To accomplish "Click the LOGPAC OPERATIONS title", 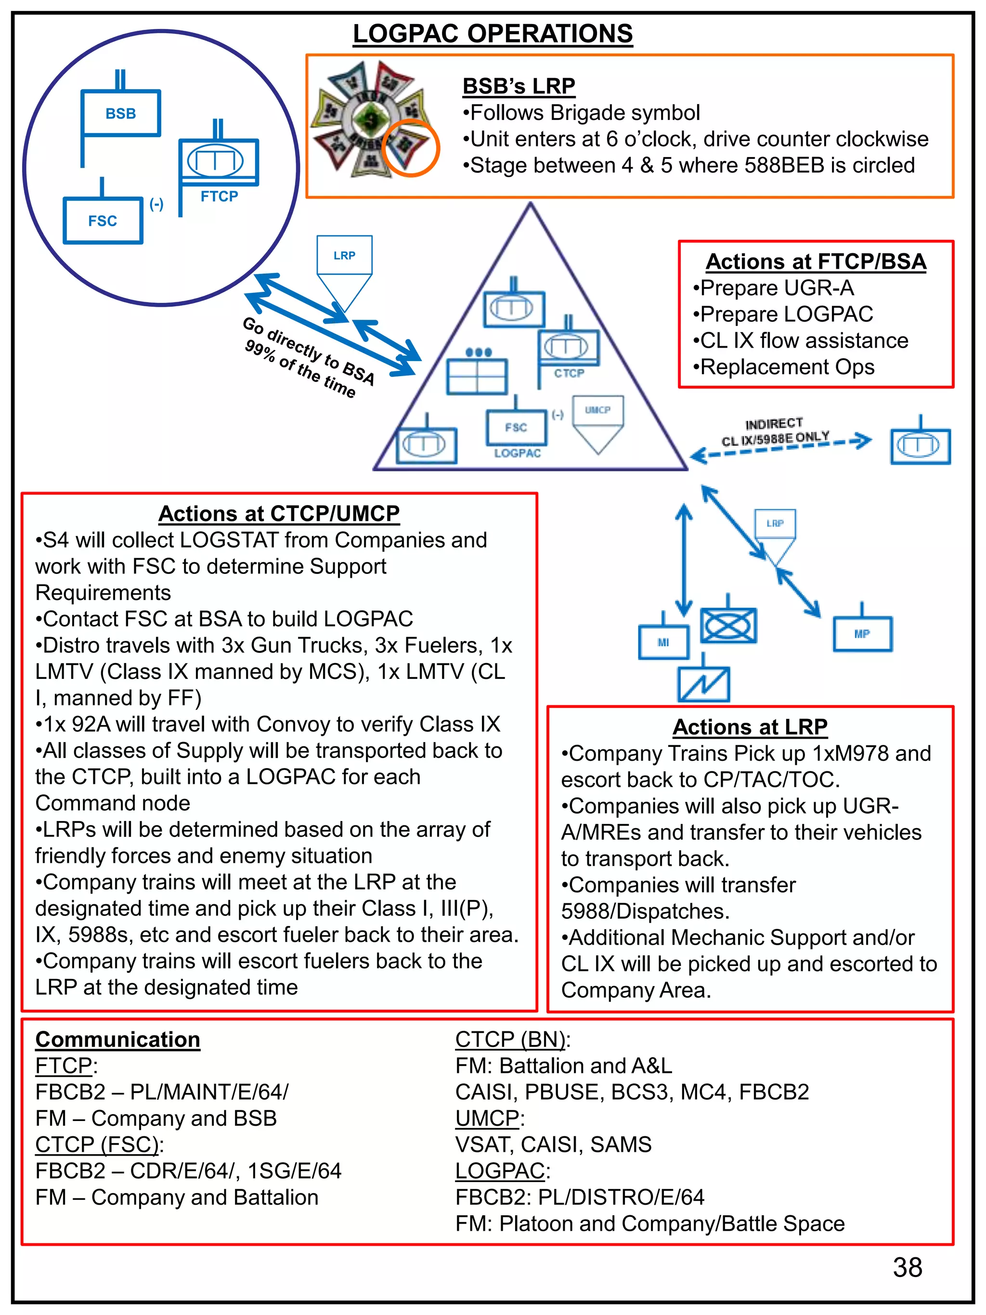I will (492, 34).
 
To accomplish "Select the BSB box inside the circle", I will (121, 113).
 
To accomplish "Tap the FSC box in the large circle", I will (103, 221).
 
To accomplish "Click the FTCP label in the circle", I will (219, 196).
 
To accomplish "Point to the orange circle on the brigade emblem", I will (410, 148).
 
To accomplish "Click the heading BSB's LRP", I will (518, 86).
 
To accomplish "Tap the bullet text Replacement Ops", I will (787, 367).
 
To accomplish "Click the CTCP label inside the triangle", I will (569, 373).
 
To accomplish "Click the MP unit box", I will (862, 634).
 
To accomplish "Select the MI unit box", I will (663, 642).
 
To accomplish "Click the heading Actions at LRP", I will (750, 727).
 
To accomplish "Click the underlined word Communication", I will (117, 1039).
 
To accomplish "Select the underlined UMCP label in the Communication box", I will (487, 1118).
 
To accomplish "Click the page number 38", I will (907, 1267).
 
